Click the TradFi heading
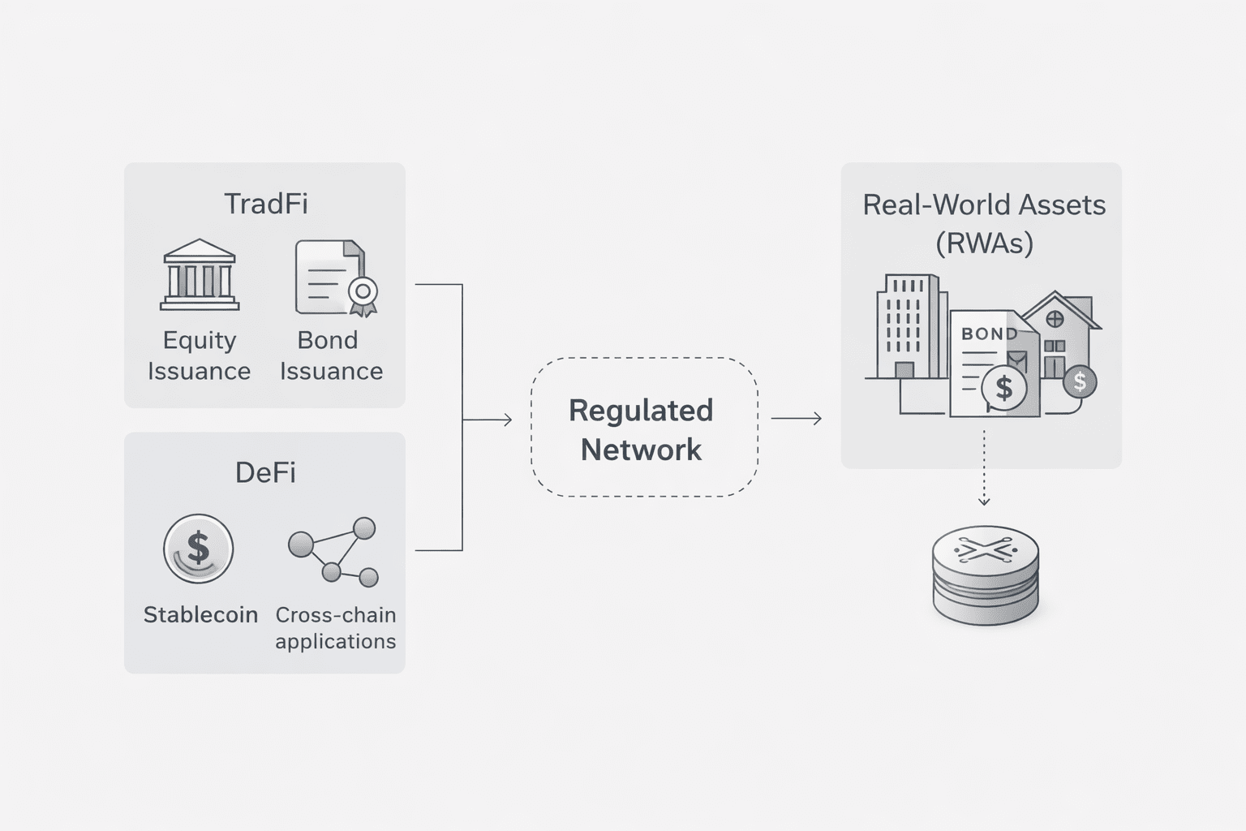265,203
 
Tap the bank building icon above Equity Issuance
200,275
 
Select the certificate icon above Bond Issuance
335,278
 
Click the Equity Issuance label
199,355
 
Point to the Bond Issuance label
331,355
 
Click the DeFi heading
265,472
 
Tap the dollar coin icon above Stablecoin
199,549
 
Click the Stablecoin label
200,614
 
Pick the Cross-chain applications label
335,627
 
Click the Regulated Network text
641,429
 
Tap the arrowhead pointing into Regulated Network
507,420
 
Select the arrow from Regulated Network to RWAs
797,419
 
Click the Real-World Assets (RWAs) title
983,223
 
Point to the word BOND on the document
988,334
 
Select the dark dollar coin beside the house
1079,381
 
